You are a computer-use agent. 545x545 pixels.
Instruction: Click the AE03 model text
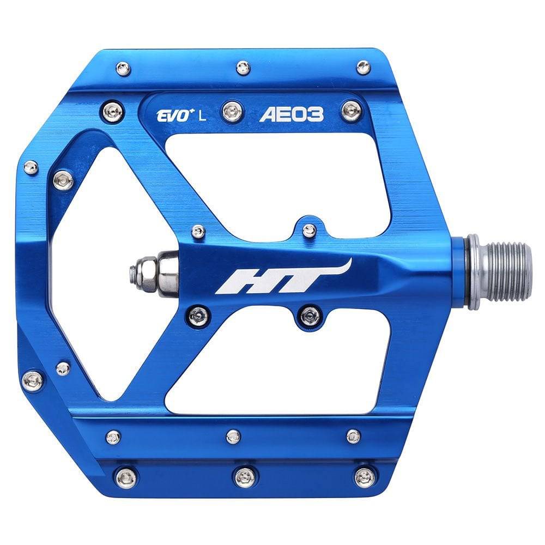299,114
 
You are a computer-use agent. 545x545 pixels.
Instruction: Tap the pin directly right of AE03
351,112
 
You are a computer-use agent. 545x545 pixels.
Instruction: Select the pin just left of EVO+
115,112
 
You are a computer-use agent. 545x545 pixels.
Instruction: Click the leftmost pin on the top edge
124,69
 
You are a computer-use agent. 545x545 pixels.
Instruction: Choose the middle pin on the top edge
243,68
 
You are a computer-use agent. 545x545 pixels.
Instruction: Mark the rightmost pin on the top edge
363,68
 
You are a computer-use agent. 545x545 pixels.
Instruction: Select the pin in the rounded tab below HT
311,314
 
